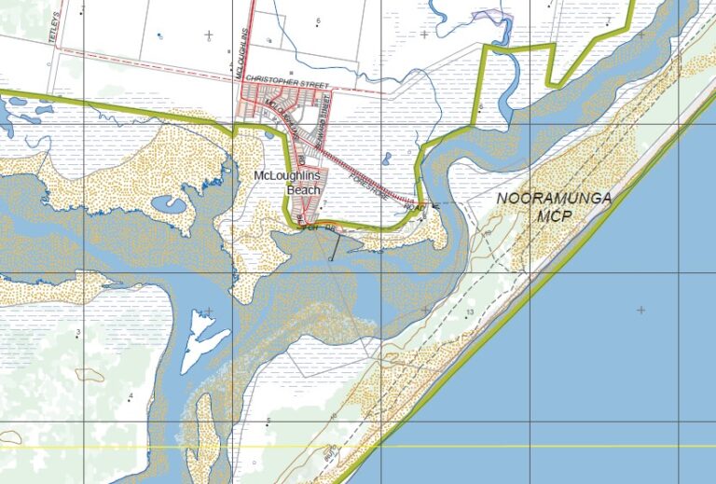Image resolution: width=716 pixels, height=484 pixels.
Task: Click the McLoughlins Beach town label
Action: coord(288,183)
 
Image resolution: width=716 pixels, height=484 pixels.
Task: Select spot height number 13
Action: coord(471,311)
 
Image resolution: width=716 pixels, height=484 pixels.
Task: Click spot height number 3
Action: coord(78,332)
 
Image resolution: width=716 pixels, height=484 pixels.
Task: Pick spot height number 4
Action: coord(131,396)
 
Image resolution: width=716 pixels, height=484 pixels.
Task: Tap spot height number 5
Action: coord(268,422)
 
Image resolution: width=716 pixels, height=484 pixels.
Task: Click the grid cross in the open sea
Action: coord(640,309)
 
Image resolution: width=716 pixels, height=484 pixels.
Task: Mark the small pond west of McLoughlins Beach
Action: coord(174,202)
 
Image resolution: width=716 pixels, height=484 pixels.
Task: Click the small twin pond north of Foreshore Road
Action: coord(385,159)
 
